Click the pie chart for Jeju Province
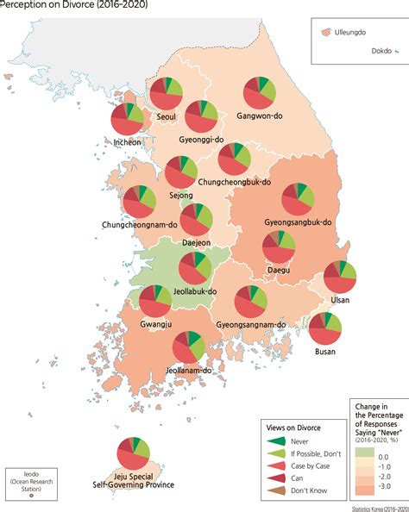(133, 453)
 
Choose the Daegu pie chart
(278, 247)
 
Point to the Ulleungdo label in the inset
(354, 30)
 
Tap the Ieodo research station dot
(32, 496)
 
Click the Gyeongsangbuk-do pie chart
(299, 199)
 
